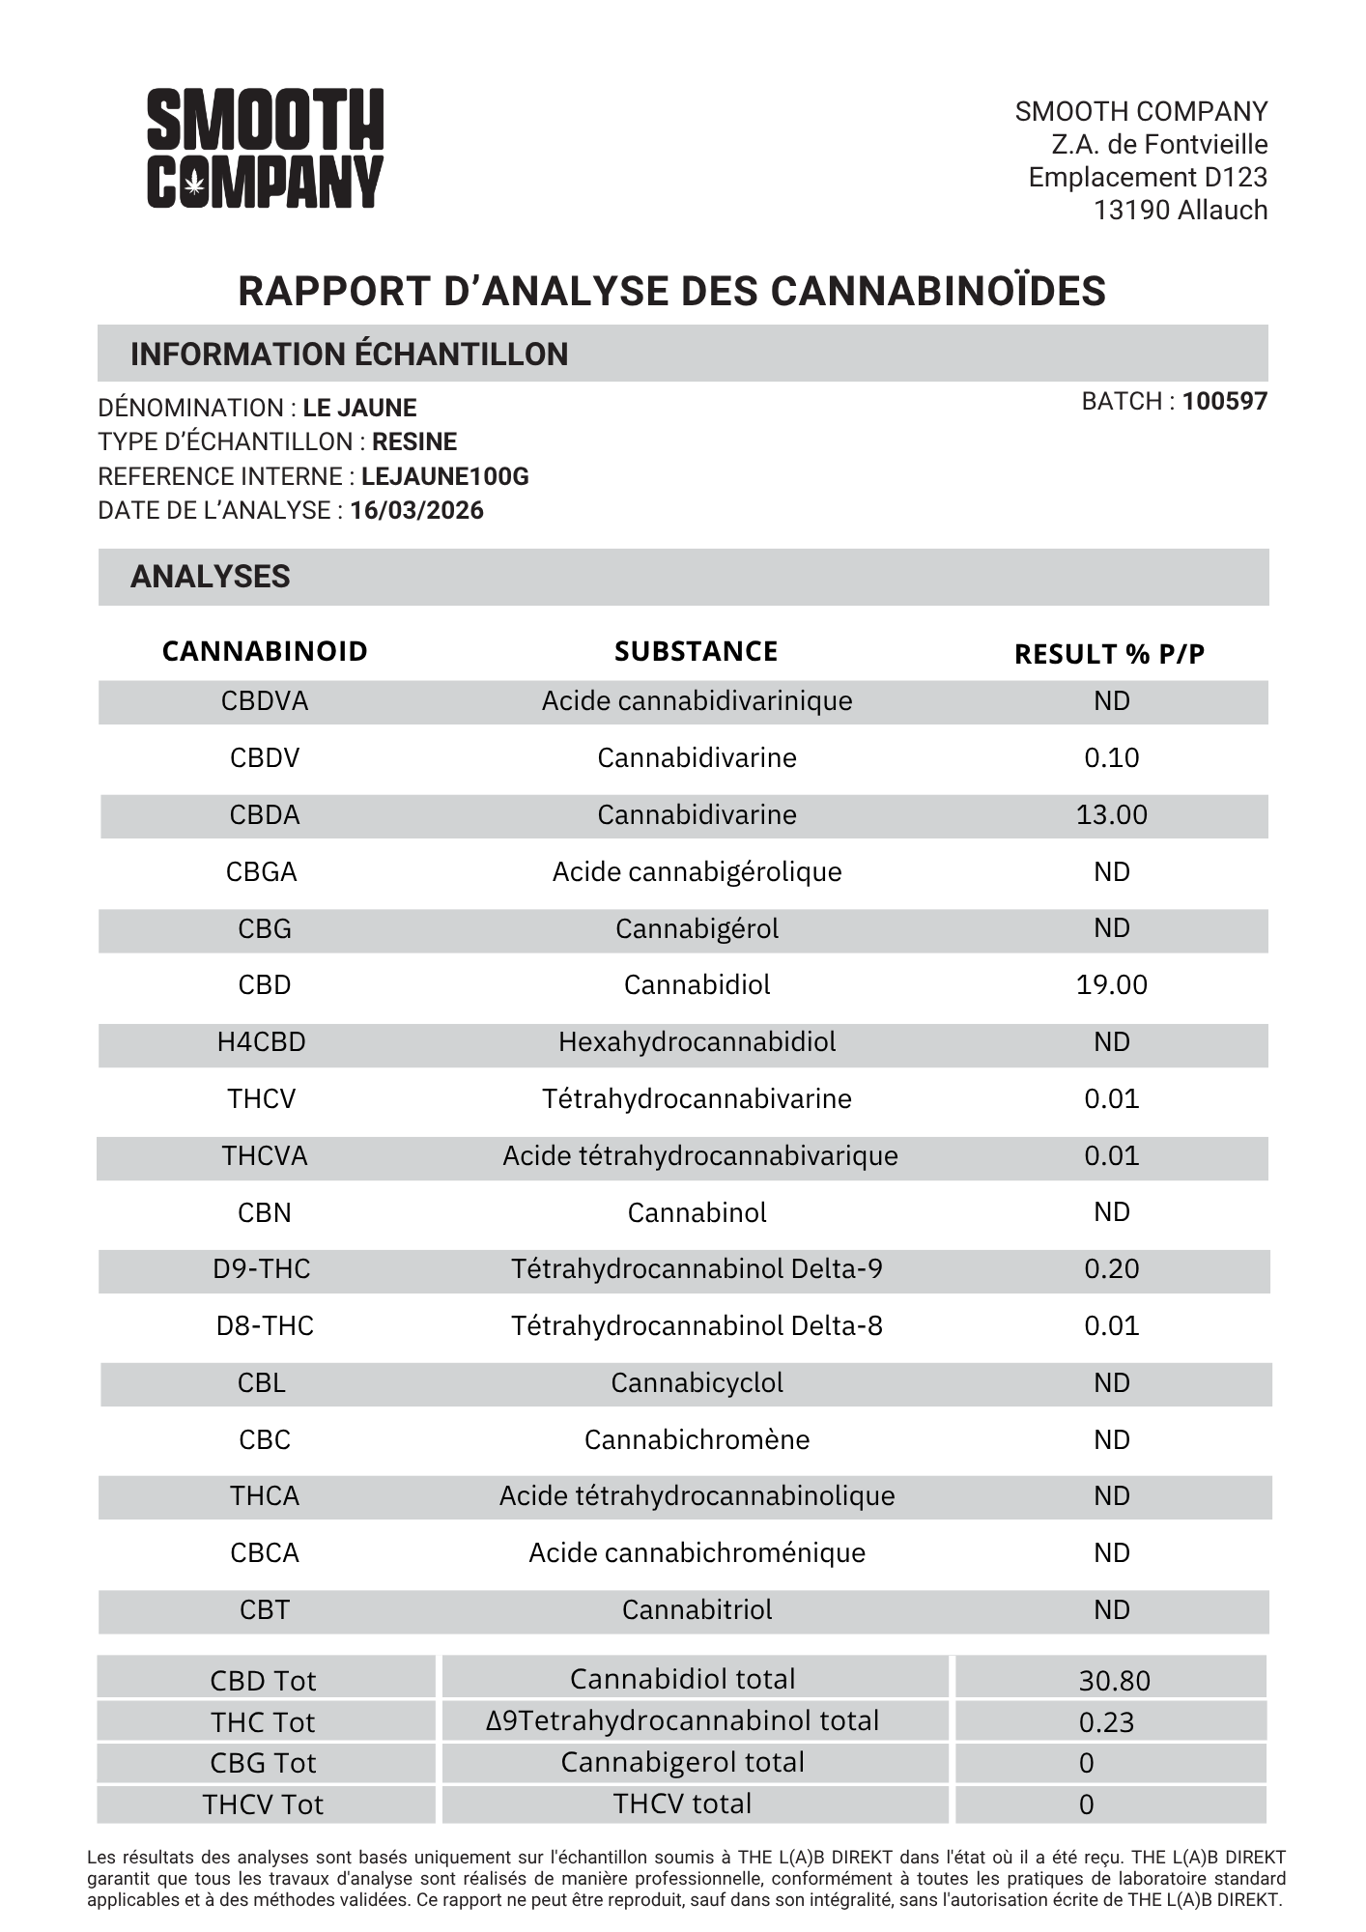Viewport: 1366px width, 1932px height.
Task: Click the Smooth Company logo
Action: [x=265, y=148]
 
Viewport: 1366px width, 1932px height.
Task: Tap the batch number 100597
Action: [x=1224, y=401]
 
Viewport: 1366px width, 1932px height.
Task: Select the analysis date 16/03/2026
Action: [x=416, y=510]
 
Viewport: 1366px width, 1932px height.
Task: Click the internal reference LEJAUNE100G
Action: [x=444, y=476]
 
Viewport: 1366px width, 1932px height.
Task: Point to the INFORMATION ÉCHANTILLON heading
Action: [x=349, y=355]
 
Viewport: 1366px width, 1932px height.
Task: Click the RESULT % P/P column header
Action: [x=1109, y=654]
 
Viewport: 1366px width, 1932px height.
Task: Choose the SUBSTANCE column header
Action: [x=696, y=651]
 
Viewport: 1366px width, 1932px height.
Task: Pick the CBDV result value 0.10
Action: [x=1111, y=757]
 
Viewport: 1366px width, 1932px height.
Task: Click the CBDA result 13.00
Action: [x=1111, y=814]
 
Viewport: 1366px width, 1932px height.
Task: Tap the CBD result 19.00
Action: [x=1111, y=984]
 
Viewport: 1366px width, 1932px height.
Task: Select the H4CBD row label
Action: [x=261, y=1041]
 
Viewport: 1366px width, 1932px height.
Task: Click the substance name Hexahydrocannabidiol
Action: [x=697, y=1041]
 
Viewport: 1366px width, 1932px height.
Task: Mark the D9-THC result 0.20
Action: [x=1111, y=1268]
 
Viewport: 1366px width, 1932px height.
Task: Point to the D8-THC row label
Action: [x=265, y=1325]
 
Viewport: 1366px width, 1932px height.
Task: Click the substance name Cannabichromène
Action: [x=697, y=1439]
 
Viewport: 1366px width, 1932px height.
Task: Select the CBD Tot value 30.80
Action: [x=1114, y=1681]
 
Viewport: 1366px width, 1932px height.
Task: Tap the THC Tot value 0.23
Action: [x=1106, y=1722]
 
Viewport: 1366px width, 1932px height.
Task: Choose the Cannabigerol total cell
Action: [x=682, y=1762]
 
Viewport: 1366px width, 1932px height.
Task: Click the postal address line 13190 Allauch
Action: [x=1180, y=210]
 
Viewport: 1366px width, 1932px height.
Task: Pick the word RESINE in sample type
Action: [x=414, y=441]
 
